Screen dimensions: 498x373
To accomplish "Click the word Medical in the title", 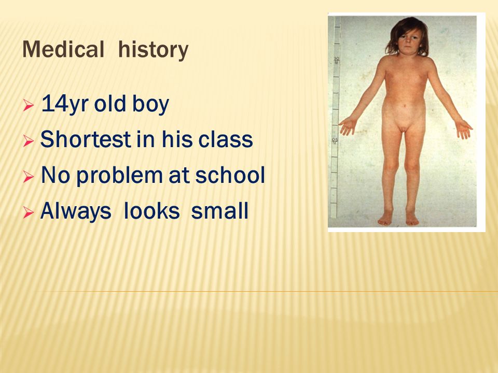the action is (63, 49).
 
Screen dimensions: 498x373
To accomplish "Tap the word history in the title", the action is (154, 50).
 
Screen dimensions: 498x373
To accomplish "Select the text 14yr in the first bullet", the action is (65, 104).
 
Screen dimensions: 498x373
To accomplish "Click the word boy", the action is (150, 104).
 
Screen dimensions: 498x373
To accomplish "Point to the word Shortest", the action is (86, 139).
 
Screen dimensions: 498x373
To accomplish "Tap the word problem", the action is (120, 176).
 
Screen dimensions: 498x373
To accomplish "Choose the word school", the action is (230, 175).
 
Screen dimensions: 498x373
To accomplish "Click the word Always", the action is (76, 211).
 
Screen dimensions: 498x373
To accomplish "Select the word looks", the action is (151, 211).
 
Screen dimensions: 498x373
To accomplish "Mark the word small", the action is (219, 211).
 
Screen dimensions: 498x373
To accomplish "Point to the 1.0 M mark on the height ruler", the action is (337, 60).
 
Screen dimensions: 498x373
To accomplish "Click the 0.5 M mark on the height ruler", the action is (335, 141).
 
